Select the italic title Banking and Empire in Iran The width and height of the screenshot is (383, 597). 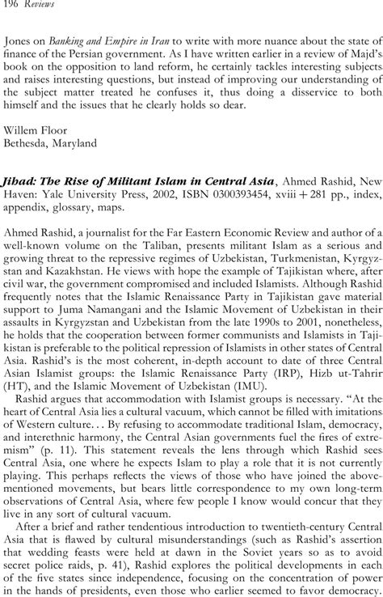116,44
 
